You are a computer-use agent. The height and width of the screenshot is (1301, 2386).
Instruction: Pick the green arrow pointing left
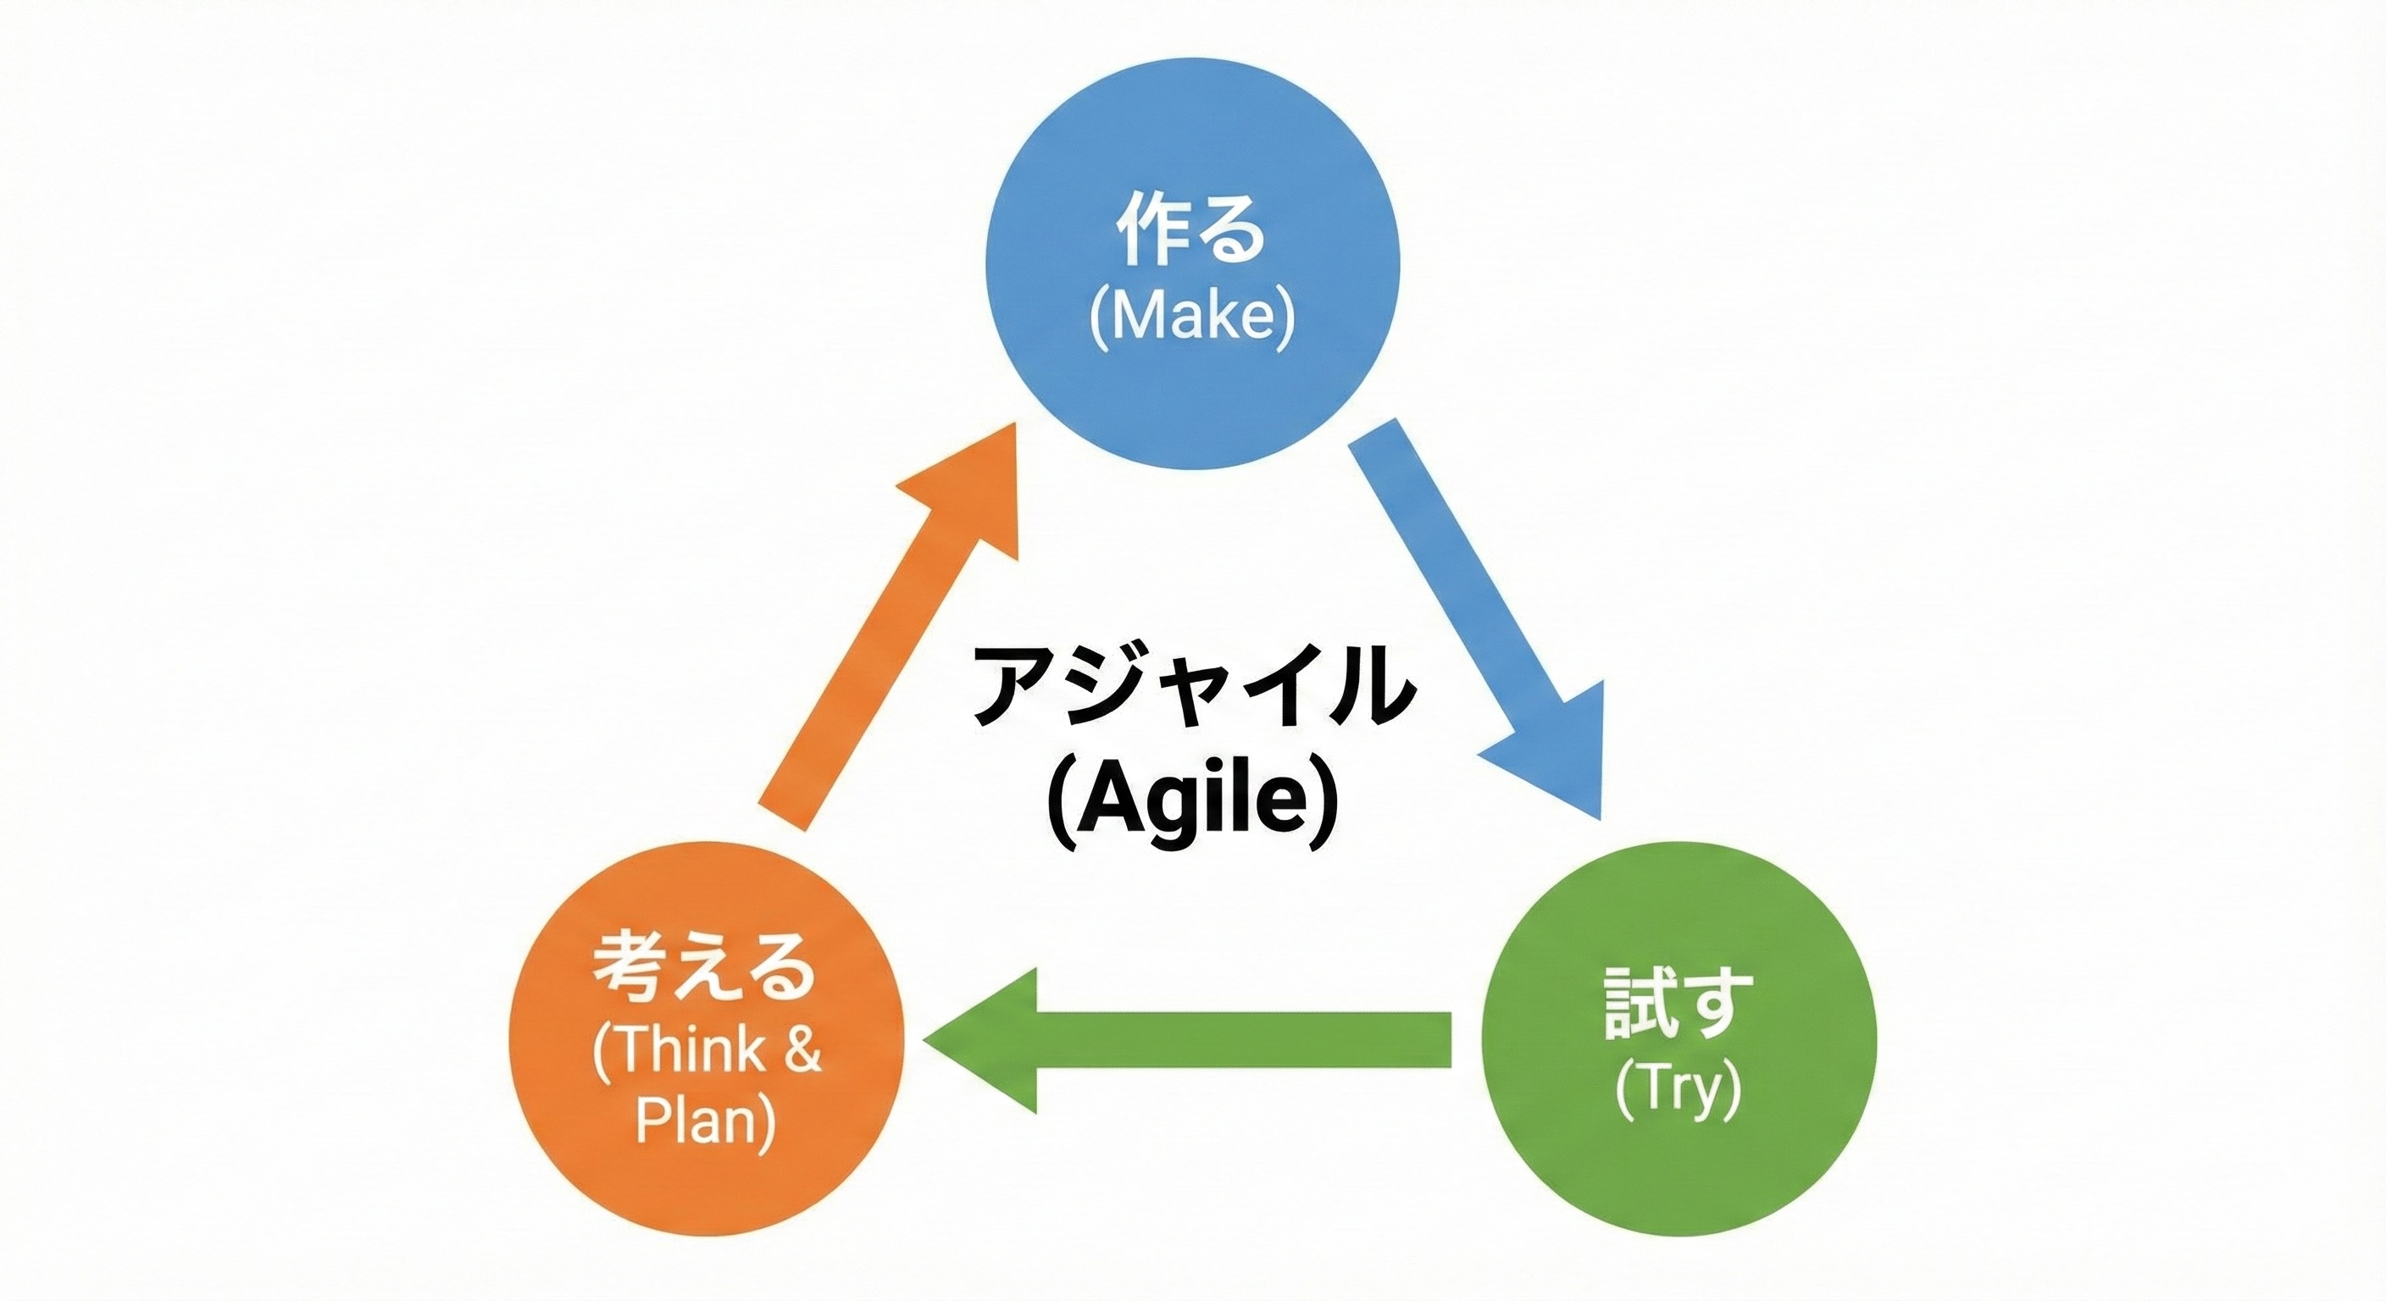pyautogui.click(x=1186, y=1039)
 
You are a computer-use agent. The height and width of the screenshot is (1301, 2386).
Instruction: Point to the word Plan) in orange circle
pyautogui.click(x=705, y=1122)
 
